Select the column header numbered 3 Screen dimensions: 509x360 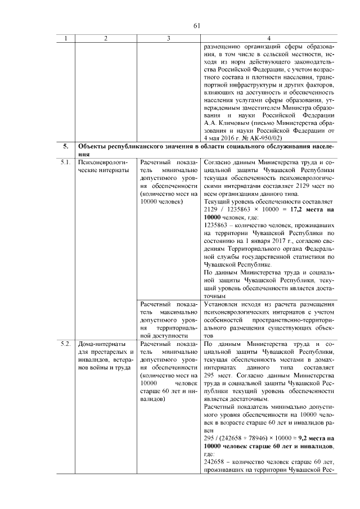168,38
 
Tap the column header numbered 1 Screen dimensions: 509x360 66,38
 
